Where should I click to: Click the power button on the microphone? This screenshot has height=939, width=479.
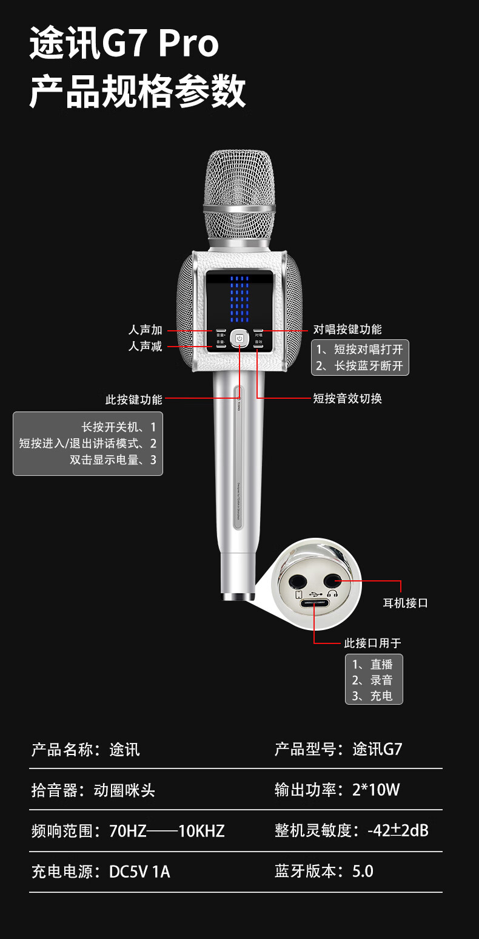(239, 338)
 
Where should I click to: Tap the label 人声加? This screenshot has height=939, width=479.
(146, 330)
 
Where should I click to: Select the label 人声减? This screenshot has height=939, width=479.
(146, 347)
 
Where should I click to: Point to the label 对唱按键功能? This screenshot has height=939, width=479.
(347, 330)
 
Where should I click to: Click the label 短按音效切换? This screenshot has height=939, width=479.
(347, 398)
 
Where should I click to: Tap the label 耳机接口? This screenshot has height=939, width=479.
(406, 603)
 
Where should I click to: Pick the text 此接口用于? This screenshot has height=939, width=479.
(373, 643)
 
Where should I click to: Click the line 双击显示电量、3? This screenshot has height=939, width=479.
(113, 459)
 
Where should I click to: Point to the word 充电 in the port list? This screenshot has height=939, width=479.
(381, 696)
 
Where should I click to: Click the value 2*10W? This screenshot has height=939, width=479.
(376, 790)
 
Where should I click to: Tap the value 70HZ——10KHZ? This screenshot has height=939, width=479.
(167, 831)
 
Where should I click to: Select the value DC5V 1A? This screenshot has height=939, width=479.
(139, 872)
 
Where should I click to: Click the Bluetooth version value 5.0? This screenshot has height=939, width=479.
(363, 872)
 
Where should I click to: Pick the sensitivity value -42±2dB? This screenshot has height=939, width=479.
(398, 830)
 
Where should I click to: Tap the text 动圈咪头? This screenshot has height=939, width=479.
(124, 790)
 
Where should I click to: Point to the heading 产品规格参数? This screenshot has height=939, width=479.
(138, 92)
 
